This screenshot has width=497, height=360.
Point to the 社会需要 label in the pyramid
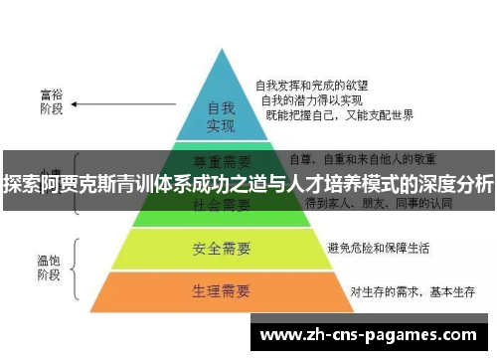click(x=221, y=206)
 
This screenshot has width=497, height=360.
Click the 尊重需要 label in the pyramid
click(x=221, y=159)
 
